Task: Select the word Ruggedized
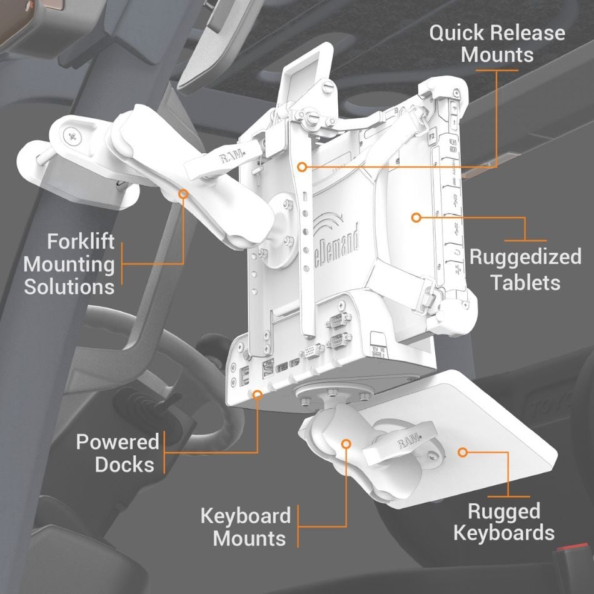point(525,257)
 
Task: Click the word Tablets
point(525,282)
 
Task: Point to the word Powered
point(118,442)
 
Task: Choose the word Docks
point(124,465)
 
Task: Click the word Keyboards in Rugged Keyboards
point(504,533)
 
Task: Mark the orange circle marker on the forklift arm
point(183,194)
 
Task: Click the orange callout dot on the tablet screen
point(415,218)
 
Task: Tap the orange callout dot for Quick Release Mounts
point(301,167)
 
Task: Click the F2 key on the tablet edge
point(433,134)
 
